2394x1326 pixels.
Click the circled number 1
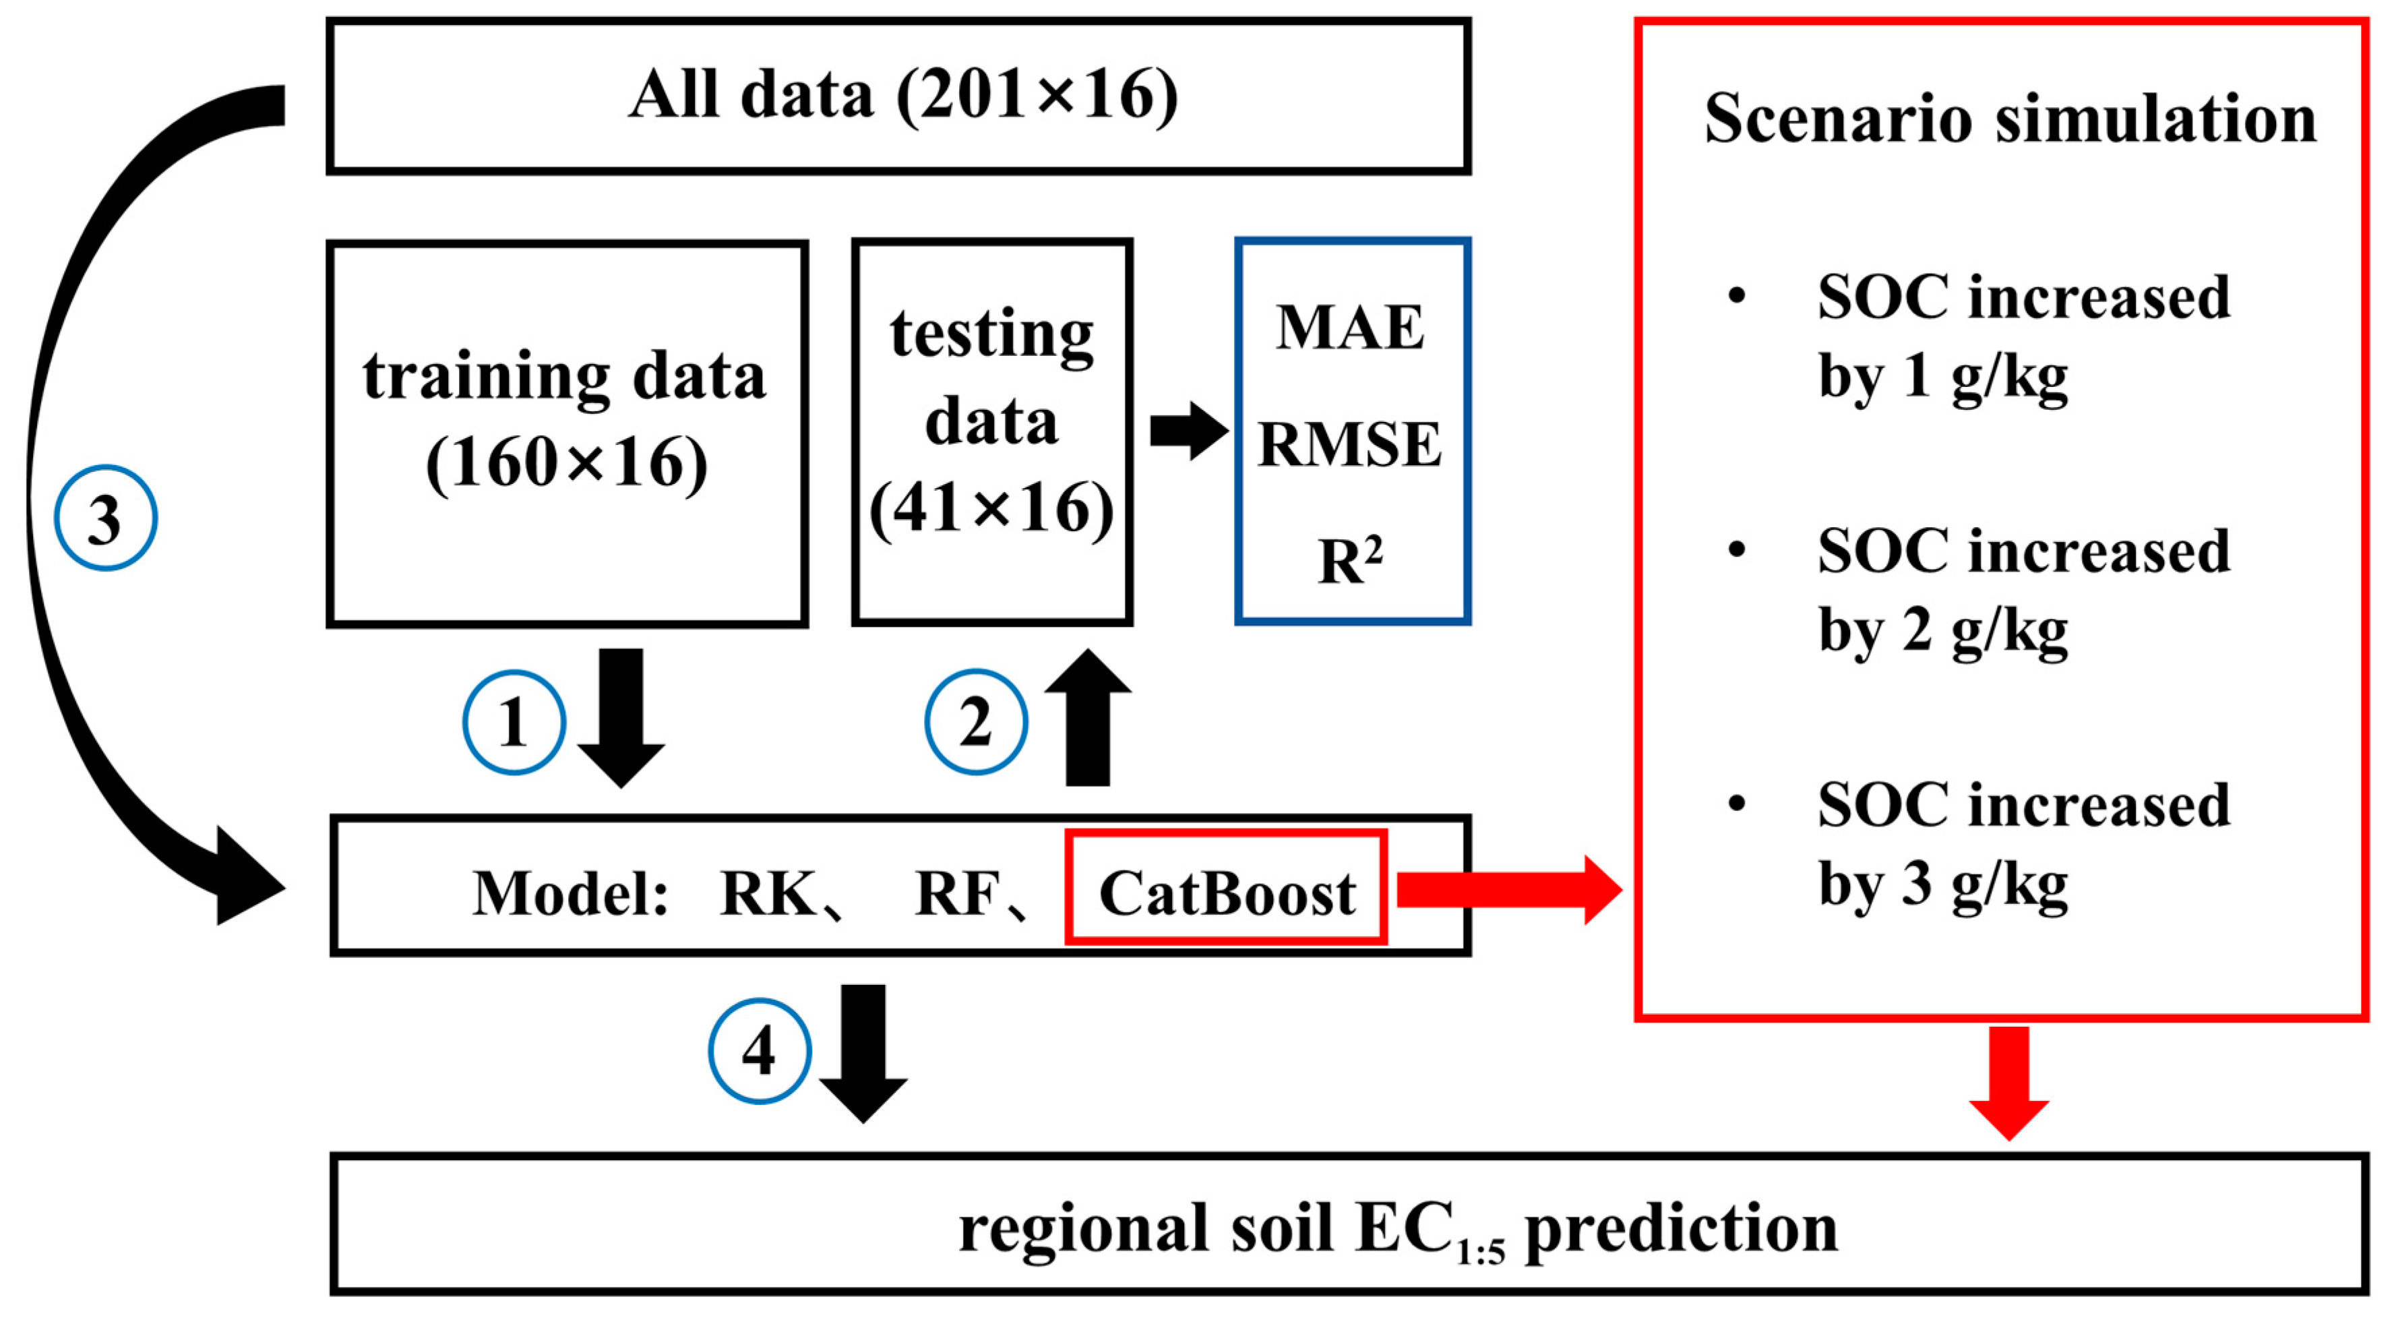tap(514, 722)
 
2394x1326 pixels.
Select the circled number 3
tap(105, 518)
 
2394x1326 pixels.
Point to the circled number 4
tap(760, 1051)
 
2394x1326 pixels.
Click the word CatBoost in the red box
tap(1226, 893)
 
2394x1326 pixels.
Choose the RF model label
tap(957, 893)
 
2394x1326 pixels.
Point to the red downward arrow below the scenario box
tap(2008, 1083)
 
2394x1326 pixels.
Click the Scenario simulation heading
tap(2011, 119)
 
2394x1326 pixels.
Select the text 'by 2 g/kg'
tap(1942, 632)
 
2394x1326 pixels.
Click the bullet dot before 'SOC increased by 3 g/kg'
tap(1736, 803)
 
